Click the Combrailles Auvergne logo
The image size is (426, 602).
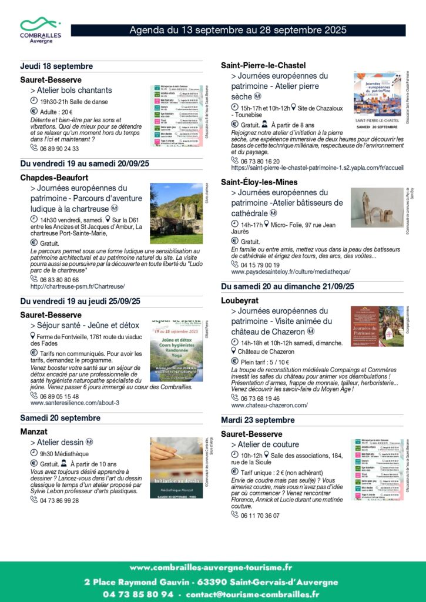click(41, 30)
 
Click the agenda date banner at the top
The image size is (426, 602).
click(237, 30)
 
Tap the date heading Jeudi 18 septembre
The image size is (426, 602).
click(56, 66)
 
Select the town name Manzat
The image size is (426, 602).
click(34, 431)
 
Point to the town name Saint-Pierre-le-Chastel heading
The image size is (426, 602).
click(263, 65)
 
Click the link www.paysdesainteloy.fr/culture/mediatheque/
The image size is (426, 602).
click(291, 272)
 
